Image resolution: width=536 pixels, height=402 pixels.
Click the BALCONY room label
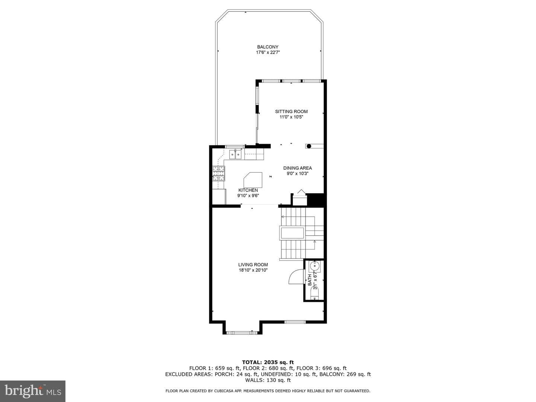268,47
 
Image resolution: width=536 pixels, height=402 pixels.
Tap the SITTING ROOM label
291,112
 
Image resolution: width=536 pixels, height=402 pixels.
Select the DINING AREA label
297,168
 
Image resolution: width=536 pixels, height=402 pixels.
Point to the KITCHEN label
248,190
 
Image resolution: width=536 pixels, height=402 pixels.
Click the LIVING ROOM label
253,265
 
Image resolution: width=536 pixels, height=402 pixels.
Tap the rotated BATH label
310,280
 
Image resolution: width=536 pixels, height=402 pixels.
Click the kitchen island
253,180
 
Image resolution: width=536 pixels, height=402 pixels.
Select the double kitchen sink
235,154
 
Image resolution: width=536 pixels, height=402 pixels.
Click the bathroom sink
315,266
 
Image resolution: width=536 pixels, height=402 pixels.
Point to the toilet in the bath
315,293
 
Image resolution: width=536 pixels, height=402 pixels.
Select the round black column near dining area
309,146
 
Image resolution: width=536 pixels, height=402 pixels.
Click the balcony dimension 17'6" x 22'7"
268,52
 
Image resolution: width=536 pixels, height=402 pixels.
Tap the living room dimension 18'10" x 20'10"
253,270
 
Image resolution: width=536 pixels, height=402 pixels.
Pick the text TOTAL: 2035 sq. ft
268,362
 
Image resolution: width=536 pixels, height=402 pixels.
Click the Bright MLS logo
33,391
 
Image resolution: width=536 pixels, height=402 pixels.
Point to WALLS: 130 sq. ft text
268,380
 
